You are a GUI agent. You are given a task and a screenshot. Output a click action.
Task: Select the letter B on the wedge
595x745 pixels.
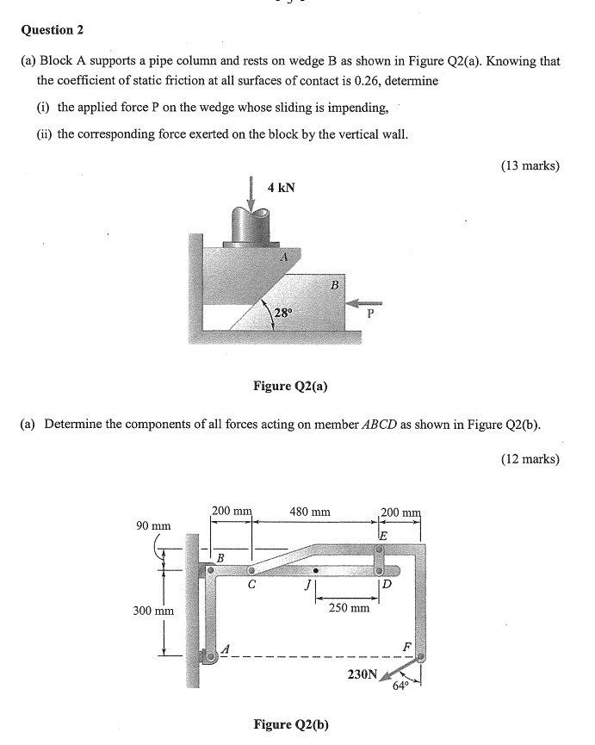[x=335, y=284]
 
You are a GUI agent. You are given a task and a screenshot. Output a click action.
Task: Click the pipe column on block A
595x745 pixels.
[x=251, y=227]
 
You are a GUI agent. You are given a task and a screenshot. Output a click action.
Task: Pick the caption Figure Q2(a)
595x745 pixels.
[x=289, y=386]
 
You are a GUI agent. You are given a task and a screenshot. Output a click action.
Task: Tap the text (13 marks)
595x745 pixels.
[x=530, y=165]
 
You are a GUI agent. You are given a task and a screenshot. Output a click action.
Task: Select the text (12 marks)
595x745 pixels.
[x=530, y=459]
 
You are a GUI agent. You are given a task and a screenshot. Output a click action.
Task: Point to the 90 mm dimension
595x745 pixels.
[x=154, y=525]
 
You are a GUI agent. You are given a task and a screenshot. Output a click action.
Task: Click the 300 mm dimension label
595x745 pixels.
[x=153, y=611]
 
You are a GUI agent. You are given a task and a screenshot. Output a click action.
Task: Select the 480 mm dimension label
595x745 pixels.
[x=310, y=512]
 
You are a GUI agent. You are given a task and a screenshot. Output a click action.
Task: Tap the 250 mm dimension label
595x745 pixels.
[x=349, y=607]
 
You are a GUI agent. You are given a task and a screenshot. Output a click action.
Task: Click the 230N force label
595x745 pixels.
[x=362, y=675]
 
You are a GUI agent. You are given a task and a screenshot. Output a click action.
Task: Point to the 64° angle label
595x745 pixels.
[x=400, y=686]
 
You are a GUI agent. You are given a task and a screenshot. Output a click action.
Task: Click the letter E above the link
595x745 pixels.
[x=383, y=535]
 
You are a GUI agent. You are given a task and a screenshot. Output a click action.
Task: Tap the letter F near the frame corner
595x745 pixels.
[x=407, y=646]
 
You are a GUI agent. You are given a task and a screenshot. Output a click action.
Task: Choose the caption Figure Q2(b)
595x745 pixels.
[x=290, y=723]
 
